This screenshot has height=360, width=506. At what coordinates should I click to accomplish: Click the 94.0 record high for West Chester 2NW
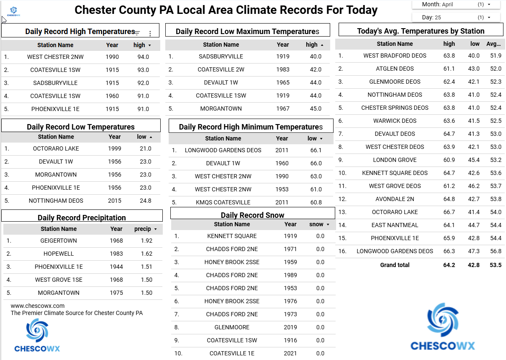(143, 57)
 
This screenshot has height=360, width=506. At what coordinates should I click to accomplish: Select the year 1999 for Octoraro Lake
(114, 148)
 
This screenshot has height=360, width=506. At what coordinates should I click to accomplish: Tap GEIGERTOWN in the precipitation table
(58, 241)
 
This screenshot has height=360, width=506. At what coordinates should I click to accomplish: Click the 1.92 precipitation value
(146, 241)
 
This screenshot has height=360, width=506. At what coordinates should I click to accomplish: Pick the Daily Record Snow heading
(252, 215)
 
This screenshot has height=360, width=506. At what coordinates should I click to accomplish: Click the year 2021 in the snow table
(290, 353)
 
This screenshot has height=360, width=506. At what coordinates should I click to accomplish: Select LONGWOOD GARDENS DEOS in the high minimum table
(223, 150)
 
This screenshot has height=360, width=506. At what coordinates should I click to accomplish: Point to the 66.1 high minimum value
(316, 150)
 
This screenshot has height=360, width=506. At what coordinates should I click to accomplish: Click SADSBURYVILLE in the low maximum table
(221, 56)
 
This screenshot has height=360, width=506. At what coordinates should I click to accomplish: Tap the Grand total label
(395, 265)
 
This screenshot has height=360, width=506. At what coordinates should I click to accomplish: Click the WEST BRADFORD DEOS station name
(395, 56)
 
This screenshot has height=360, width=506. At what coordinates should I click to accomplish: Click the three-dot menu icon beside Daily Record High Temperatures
(150, 34)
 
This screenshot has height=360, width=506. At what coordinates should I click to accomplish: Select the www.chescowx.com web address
(37, 306)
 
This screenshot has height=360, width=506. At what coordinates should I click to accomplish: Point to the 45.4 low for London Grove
(474, 160)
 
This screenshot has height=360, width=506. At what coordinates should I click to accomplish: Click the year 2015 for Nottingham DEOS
(114, 201)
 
